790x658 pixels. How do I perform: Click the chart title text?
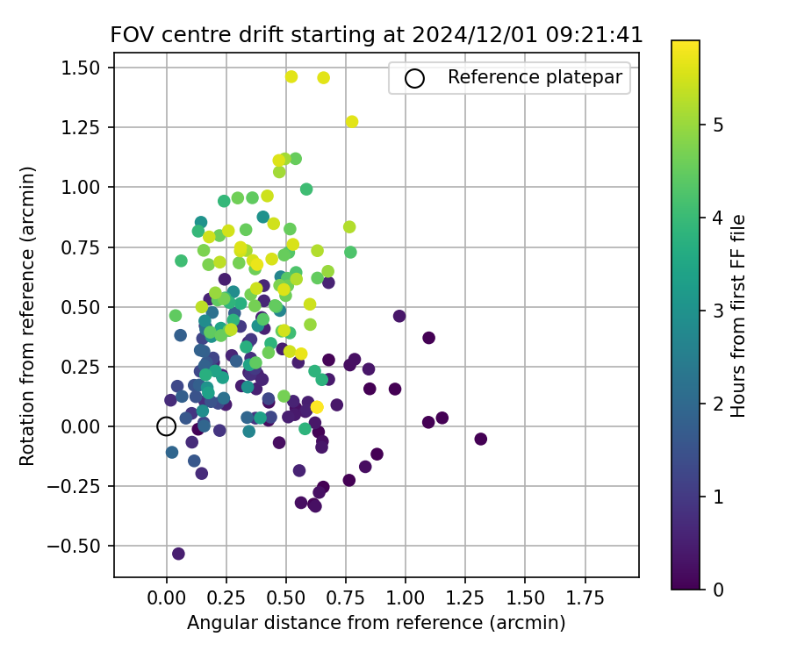376,35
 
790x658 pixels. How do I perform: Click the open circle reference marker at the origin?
167,426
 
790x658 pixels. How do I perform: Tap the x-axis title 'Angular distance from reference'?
376,623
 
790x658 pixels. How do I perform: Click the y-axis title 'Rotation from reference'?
28,314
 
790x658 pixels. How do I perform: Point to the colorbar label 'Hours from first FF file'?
738,315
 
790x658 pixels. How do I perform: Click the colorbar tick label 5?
717,125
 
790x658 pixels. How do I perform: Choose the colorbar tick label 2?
717,404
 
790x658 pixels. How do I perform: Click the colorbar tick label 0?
717,589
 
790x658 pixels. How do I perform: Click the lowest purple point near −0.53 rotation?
178,554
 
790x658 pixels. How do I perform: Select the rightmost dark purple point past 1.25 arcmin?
480,439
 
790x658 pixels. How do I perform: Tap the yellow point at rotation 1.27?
352,122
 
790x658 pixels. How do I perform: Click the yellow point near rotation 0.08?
317,407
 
